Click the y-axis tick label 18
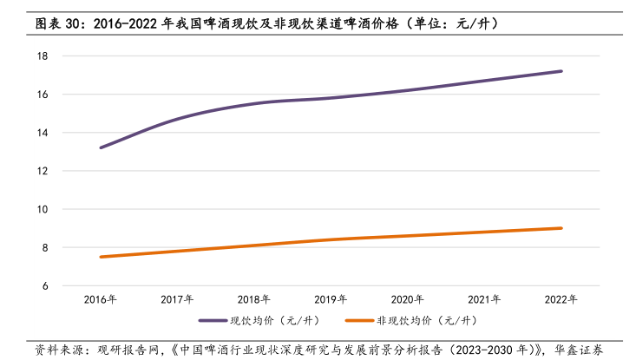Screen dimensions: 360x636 42,56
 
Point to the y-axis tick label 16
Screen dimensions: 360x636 42,94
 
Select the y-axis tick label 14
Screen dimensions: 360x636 42,133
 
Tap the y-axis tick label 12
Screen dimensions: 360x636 42,171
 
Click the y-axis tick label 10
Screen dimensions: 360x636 42,209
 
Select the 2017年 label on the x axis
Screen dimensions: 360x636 177,299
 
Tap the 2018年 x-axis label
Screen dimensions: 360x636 254,299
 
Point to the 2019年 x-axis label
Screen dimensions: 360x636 331,299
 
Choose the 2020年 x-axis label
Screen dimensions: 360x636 408,299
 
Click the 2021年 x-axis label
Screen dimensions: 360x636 484,299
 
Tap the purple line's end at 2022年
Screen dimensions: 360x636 561,71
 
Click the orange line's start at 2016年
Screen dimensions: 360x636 101,257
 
